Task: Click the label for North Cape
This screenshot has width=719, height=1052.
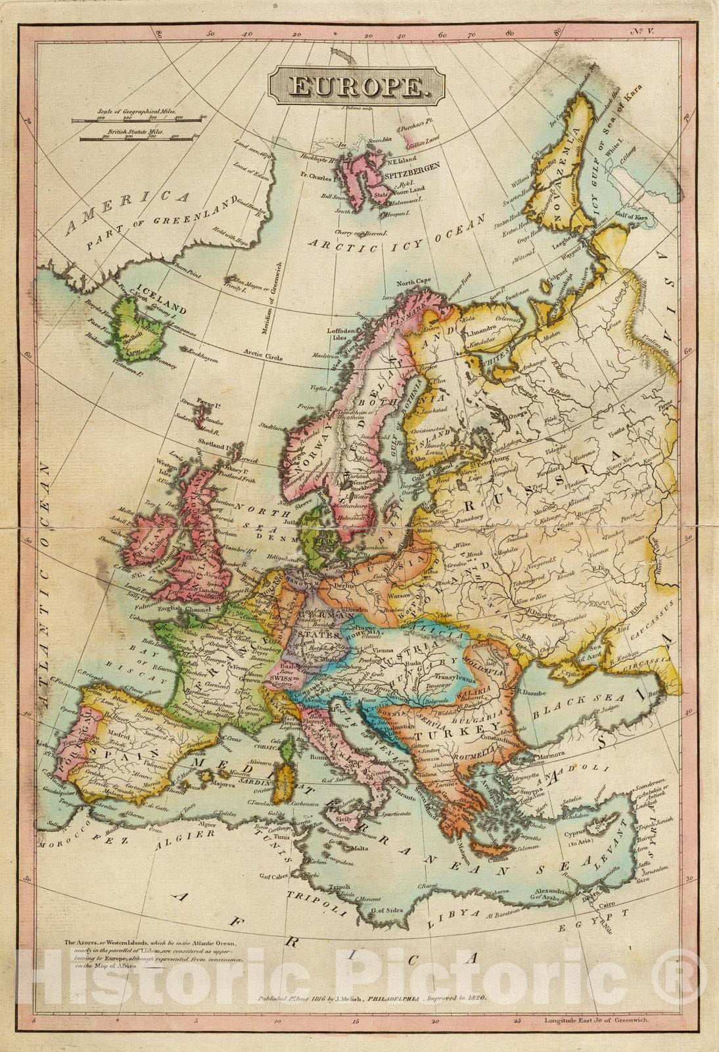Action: coord(413,281)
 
